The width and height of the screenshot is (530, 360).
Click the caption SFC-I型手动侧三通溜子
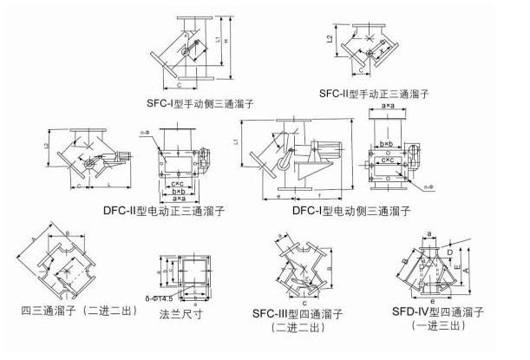coord(200,102)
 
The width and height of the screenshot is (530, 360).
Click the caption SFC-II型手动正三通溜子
coord(374,92)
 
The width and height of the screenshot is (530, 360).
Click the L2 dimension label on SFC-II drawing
coord(330,39)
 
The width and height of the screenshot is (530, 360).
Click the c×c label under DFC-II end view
coord(177,183)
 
